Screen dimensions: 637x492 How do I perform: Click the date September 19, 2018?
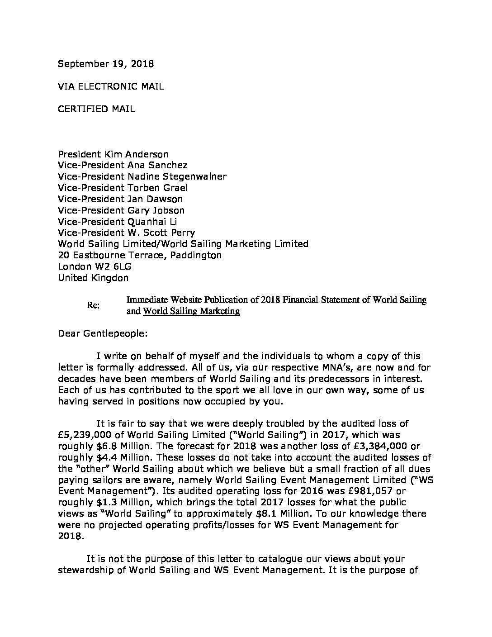point(106,64)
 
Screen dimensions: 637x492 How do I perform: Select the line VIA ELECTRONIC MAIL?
point(111,86)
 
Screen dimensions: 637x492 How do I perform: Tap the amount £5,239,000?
point(86,434)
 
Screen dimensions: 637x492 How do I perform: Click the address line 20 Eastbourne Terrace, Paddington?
point(140,255)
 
